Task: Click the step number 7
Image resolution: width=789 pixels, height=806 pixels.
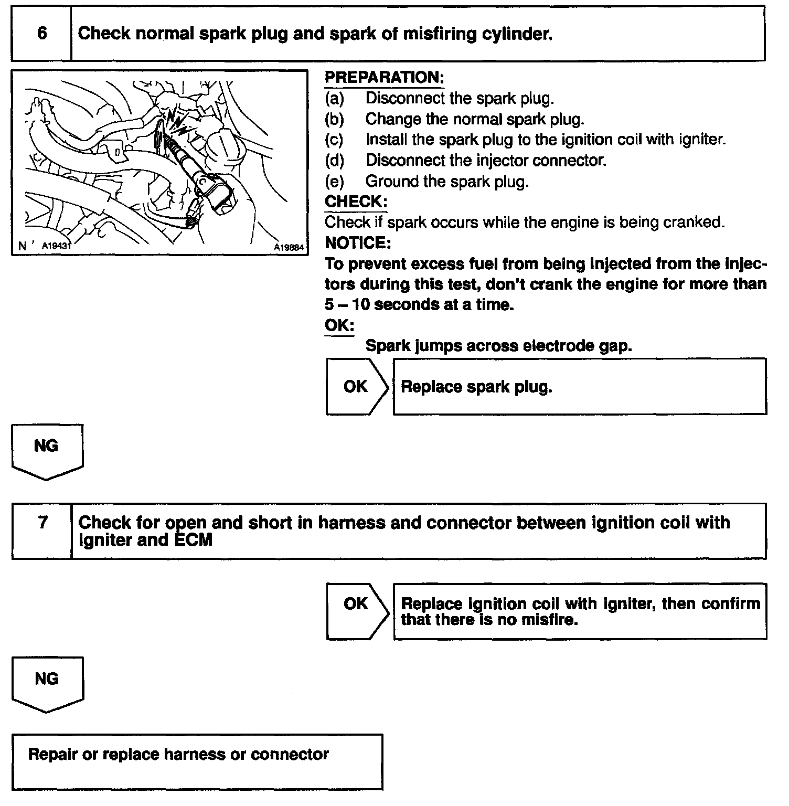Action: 43,523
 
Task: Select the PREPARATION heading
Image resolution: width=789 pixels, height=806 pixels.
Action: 384,78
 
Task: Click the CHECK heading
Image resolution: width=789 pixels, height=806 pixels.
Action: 356,201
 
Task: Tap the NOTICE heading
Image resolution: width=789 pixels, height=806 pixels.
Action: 358,243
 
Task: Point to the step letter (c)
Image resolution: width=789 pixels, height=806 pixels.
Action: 334,140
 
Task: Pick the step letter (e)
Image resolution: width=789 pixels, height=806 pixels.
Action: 334,182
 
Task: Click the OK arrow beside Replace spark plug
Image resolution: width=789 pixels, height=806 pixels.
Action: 357,387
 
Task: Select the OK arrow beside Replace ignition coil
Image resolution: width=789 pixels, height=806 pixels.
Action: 357,604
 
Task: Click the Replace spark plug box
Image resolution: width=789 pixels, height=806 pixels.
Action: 579,387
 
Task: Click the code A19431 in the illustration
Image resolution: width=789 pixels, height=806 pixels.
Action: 56,246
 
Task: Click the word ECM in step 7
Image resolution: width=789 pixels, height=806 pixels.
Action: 193,540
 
